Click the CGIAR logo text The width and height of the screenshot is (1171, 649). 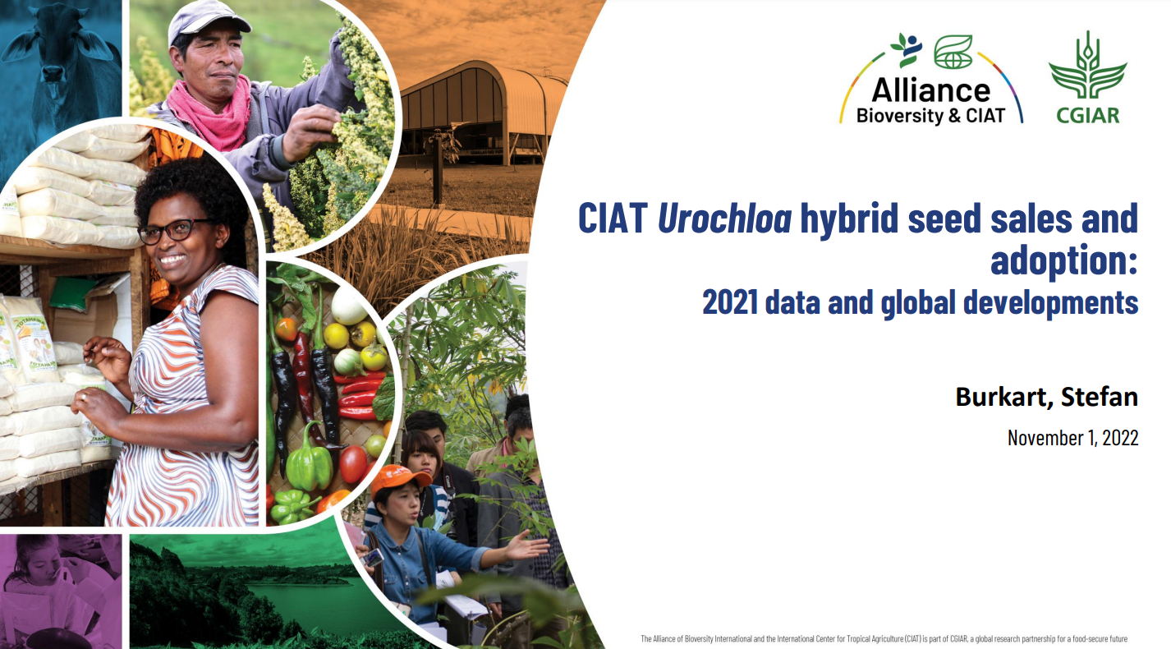point(1088,115)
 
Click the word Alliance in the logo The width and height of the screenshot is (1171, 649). point(930,90)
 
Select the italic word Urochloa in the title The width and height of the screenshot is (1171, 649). point(724,219)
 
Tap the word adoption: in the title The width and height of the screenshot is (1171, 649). point(1063,261)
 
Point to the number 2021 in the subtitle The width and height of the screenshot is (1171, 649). point(730,302)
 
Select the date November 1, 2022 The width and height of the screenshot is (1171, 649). point(1072,438)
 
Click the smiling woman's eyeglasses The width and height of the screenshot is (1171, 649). point(174,231)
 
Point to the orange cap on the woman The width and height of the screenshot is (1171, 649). point(400,478)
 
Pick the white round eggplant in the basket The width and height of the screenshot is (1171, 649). point(349,306)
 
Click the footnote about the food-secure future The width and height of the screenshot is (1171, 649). point(884,638)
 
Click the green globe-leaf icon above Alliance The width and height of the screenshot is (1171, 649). point(953,52)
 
